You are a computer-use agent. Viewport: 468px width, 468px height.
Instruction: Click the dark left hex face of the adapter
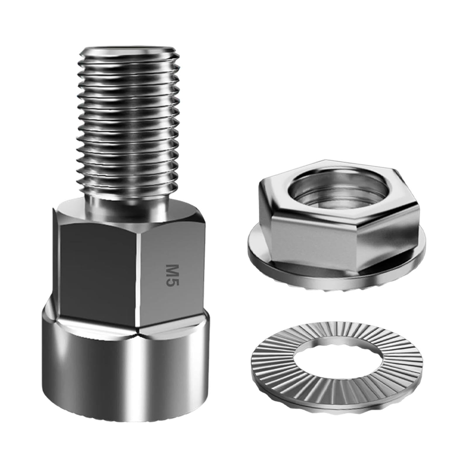[x=98, y=269]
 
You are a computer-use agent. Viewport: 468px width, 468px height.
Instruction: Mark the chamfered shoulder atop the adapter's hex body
[x=129, y=212]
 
